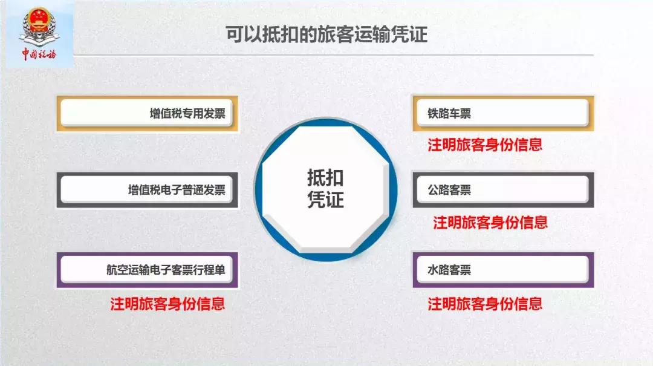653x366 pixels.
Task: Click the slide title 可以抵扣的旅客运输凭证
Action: point(326,34)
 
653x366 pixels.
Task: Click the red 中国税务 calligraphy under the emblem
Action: point(38,54)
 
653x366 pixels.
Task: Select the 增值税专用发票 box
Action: point(148,113)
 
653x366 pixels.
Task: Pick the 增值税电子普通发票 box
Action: point(148,190)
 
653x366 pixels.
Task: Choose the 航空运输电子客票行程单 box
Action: point(148,270)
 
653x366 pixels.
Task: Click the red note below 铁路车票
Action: point(485,145)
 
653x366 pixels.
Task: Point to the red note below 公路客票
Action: point(490,223)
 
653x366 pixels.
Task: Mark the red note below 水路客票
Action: point(485,303)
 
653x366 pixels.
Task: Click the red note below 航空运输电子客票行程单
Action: point(167,303)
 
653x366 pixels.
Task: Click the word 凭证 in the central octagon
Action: point(325,200)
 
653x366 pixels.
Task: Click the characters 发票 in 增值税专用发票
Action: point(215,113)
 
